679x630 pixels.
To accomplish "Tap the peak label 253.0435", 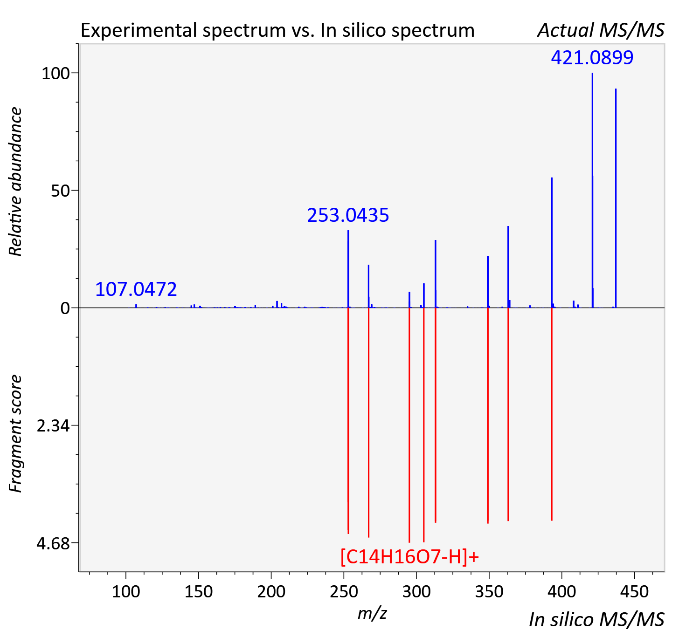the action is pyautogui.click(x=348, y=215).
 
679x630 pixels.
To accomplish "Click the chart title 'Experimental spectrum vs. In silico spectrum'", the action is pyautogui.click(x=277, y=30).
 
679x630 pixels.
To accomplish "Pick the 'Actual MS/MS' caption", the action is pyautogui.click(x=601, y=30).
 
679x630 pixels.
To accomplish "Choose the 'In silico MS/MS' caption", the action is pyautogui.click(x=596, y=619).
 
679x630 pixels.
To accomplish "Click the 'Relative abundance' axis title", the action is pyautogui.click(x=15, y=182).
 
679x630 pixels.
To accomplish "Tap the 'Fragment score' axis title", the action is pyautogui.click(x=15, y=433).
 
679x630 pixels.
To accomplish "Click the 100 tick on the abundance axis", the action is pyautogui.click(x=55, y=73).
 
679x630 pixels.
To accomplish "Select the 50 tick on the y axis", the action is pyautogui.click(x=60, y=191).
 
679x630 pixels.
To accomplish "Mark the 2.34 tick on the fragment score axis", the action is pyautogui.click(x=53, y=426).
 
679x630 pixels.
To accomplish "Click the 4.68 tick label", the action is pyautogui.click(x=53, y=543).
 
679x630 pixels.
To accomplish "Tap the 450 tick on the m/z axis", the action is pyautogui.click(x=634, y=591).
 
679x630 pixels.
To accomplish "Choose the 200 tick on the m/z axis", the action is pyautogui.click(x=271, y=591).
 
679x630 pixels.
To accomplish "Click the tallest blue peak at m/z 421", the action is pyautogui.click(x=593, y=190).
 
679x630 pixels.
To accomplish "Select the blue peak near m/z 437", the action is pyautogui.click(x=616, y=198).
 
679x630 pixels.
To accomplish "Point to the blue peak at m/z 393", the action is pyautogui.click(x=552, y=243).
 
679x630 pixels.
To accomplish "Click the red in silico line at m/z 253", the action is pyautogui.click(x=348, y=421).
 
